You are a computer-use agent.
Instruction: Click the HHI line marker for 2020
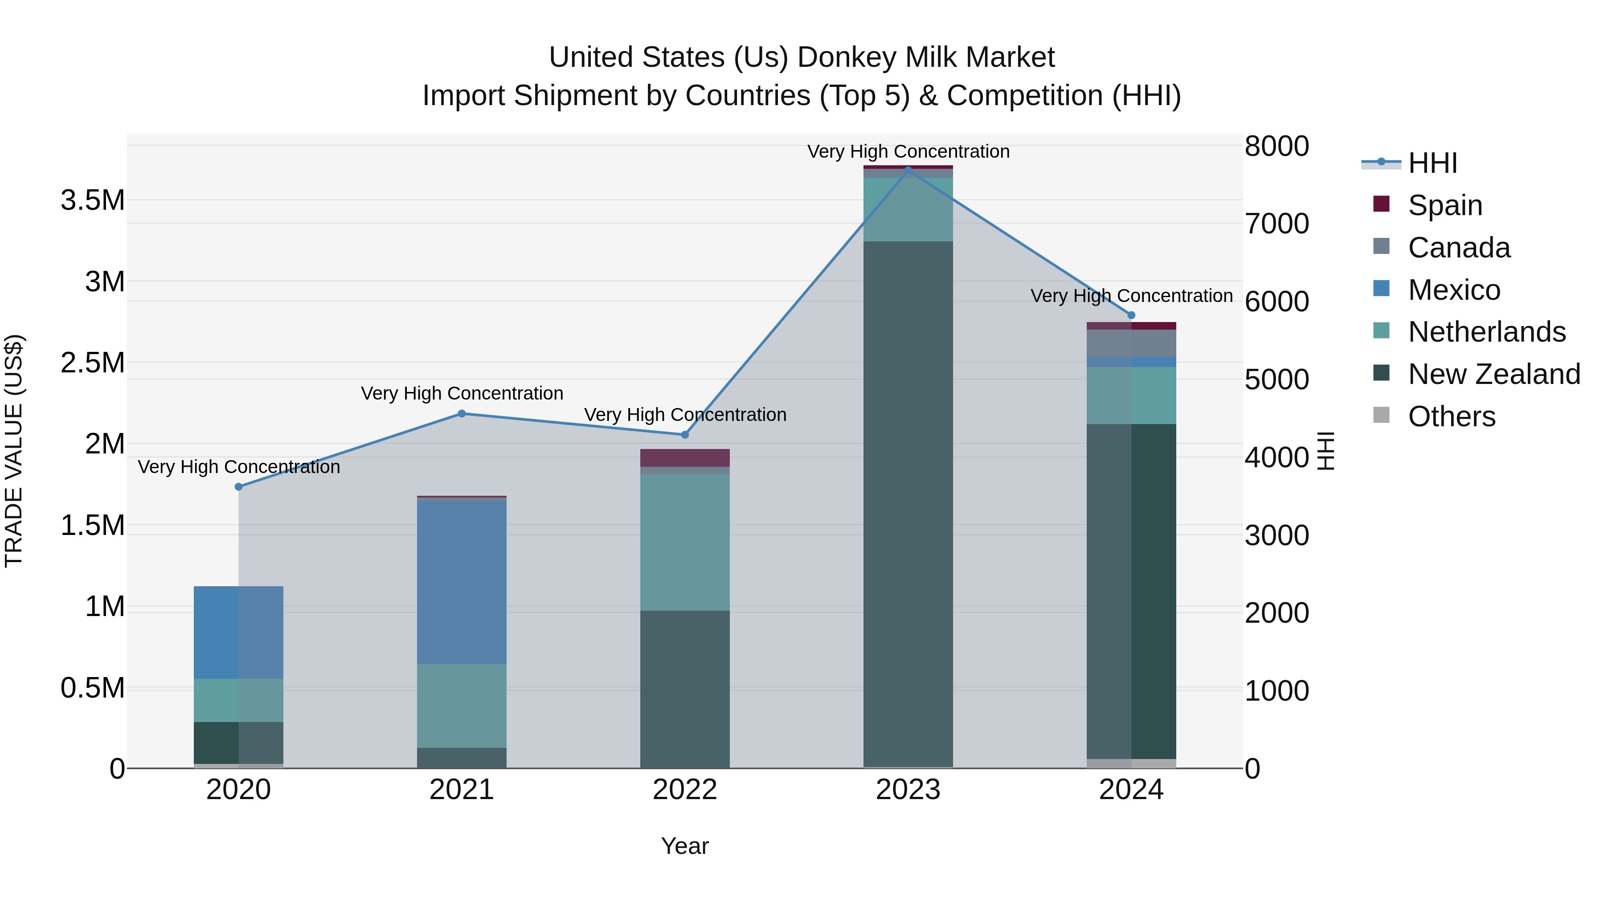point(238,487)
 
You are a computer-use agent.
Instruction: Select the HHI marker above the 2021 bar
point(462,413)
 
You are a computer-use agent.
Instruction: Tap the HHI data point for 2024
point(1131,315)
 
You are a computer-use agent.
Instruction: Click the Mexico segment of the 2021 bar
point(462,582)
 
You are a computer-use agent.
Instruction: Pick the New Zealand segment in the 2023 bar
point(908,504)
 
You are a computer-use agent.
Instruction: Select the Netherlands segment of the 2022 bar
point(684,542)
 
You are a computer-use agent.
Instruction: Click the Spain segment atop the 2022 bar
point(684,457)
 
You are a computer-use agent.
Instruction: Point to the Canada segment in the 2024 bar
point(1131,343)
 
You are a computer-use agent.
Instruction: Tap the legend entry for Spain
point(1444,205)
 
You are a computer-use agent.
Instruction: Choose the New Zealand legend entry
point(1493,374)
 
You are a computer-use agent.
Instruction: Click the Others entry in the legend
point(1451,416)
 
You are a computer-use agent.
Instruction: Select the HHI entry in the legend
point(1432,163)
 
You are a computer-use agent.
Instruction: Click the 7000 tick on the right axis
point(1277,224)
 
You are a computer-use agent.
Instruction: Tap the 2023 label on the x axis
point(908,790)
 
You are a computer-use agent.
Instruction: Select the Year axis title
point(684,846)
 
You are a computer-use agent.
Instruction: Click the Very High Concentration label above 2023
point(908,151)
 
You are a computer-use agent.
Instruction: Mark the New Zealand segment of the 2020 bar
point(238,743)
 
